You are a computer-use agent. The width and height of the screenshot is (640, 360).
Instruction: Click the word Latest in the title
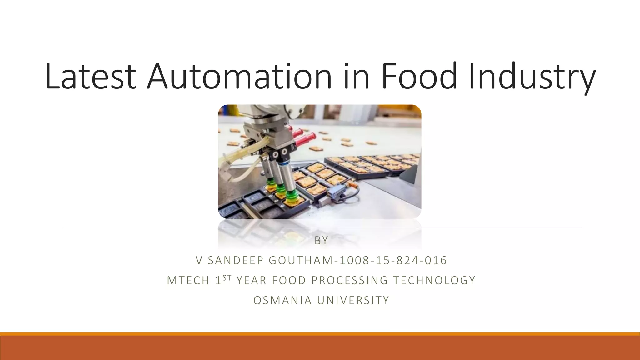[91, 77]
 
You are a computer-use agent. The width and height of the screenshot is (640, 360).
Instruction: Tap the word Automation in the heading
[239, 77]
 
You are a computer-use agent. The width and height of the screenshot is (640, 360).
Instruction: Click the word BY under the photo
[321, 241]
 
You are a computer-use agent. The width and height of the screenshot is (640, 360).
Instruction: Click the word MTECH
[188, 280]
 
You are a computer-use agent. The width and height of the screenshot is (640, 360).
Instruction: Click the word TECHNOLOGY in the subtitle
[434, 280]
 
